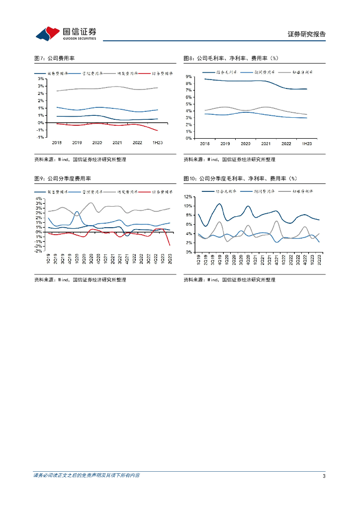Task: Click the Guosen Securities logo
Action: (66, 33)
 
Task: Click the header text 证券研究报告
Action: (306, 34)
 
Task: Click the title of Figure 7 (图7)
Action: (54, 58)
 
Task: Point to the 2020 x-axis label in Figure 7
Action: (97, 143)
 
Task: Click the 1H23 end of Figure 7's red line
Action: (158, 131)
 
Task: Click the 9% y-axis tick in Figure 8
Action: (189, 77)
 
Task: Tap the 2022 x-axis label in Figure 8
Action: (286, 143)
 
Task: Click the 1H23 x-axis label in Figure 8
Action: (307, 143)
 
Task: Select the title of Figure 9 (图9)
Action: (62, 178)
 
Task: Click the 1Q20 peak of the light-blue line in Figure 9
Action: (77, 212)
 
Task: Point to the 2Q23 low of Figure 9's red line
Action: (170, 245)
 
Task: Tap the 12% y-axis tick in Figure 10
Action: (189, 197)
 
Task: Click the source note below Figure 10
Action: (229, 280)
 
